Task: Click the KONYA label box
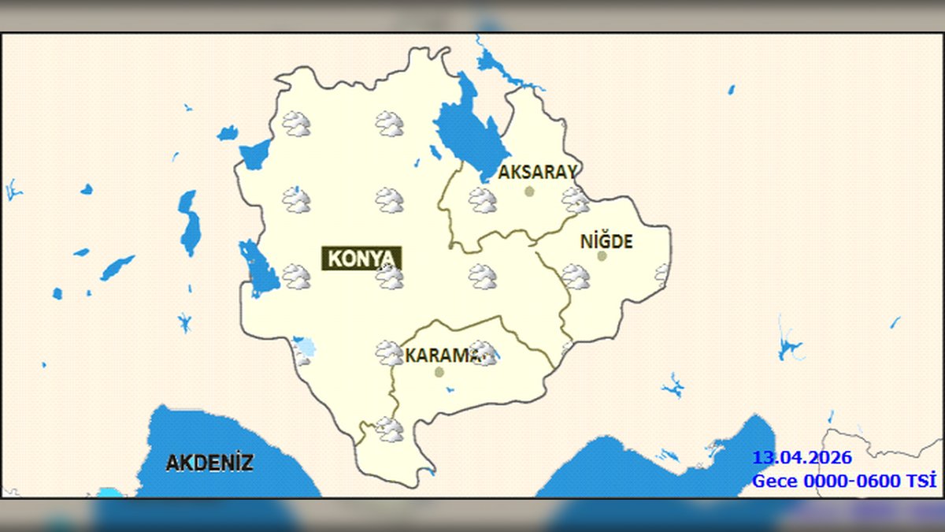coord(361,259)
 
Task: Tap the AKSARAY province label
coord(538,172)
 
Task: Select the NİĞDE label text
coord(606,241)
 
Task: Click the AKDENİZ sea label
coord(209,463)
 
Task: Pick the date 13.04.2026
coord(802,458)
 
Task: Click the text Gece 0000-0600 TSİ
coord(843,481)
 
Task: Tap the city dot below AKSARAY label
coord(529,191)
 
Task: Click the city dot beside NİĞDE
coord(602,255)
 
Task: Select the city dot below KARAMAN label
coord(439,372)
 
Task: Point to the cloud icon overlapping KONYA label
coord(389,277)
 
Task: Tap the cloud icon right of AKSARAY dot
coord(576,199)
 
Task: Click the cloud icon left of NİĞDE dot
coord(576,277)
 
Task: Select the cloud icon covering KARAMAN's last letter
coord(484,353)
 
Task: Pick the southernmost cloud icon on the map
coord(389,430)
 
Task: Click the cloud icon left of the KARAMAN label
coord(388,352)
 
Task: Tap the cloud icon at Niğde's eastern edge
coord(662,273)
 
